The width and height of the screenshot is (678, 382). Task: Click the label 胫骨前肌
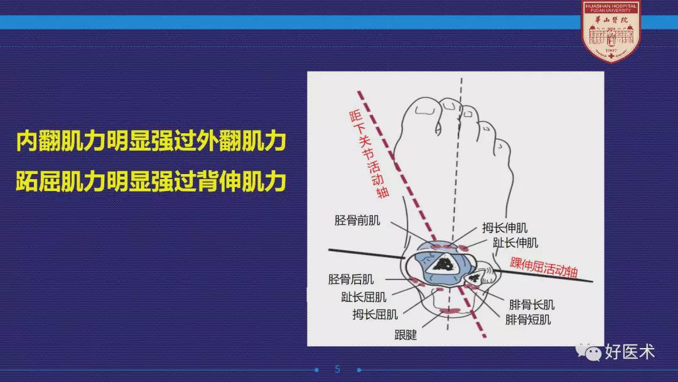pos(357,220)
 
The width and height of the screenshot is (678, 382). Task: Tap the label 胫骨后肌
pos(351,279)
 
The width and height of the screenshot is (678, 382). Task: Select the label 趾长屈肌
pos(363,297)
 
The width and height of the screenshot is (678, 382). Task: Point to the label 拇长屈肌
pos(375,314)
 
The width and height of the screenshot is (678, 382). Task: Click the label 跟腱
pos(406,334)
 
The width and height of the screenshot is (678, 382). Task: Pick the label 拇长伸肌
pos(505,227)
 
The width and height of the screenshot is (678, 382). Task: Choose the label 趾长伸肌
pos(515,243)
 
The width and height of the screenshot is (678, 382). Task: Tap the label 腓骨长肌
pos(532,305)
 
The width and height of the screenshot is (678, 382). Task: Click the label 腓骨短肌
pos(528,320)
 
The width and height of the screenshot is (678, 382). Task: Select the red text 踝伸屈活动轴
pos(544,267)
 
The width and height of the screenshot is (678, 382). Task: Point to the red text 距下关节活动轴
pos(369,154)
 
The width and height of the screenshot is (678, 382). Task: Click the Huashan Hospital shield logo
pos(611,31)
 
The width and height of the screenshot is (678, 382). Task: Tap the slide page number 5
pos(338,369)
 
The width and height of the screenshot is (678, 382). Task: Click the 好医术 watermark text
pos(630,352)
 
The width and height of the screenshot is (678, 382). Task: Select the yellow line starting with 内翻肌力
pos(151,141)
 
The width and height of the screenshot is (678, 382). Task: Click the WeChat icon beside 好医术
pos(588,352)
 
